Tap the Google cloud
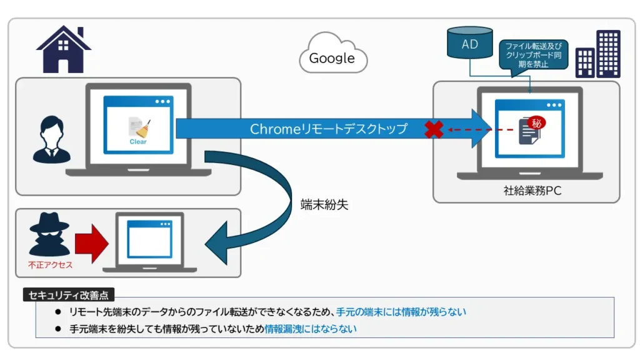(x=333, y=54)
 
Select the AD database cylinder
(x=470, y=42)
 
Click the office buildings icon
(x=598, y=54)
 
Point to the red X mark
(x=434, y=129)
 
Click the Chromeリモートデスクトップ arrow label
(x=329, y=129)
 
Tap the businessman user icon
(x=51, y=139)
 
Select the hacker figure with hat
(x=49, y=234)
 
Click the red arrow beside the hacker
(x=92, y=243)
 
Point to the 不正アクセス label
(x=50, y=265)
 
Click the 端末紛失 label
(x=324, y=204)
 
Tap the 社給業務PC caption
(x=532, y=191)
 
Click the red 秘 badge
(x=536, y=123)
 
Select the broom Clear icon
(x=139, y=131)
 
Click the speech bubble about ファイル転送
(x=533, y=56)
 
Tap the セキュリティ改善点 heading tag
(x=69, y=295)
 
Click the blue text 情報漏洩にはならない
(x=311, y=329)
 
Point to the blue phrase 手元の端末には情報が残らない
(x=401, y=312)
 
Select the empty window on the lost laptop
(x=149, y=239)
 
